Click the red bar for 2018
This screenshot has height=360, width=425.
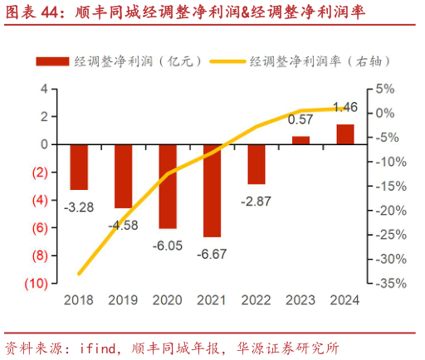79,167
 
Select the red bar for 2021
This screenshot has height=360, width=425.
212,190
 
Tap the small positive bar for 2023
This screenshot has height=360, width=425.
300,139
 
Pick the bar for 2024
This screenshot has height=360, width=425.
344,134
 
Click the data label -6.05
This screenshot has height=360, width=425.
168,245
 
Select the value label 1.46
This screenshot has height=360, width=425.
344,107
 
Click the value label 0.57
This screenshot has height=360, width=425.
300,119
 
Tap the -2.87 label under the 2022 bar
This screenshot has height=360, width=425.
256,202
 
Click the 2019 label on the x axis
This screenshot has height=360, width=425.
123,299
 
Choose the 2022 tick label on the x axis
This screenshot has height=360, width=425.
256,299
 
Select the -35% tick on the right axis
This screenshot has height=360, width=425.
389,284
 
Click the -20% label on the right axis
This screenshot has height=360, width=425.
389,211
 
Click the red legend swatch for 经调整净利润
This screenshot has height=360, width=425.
51,61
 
